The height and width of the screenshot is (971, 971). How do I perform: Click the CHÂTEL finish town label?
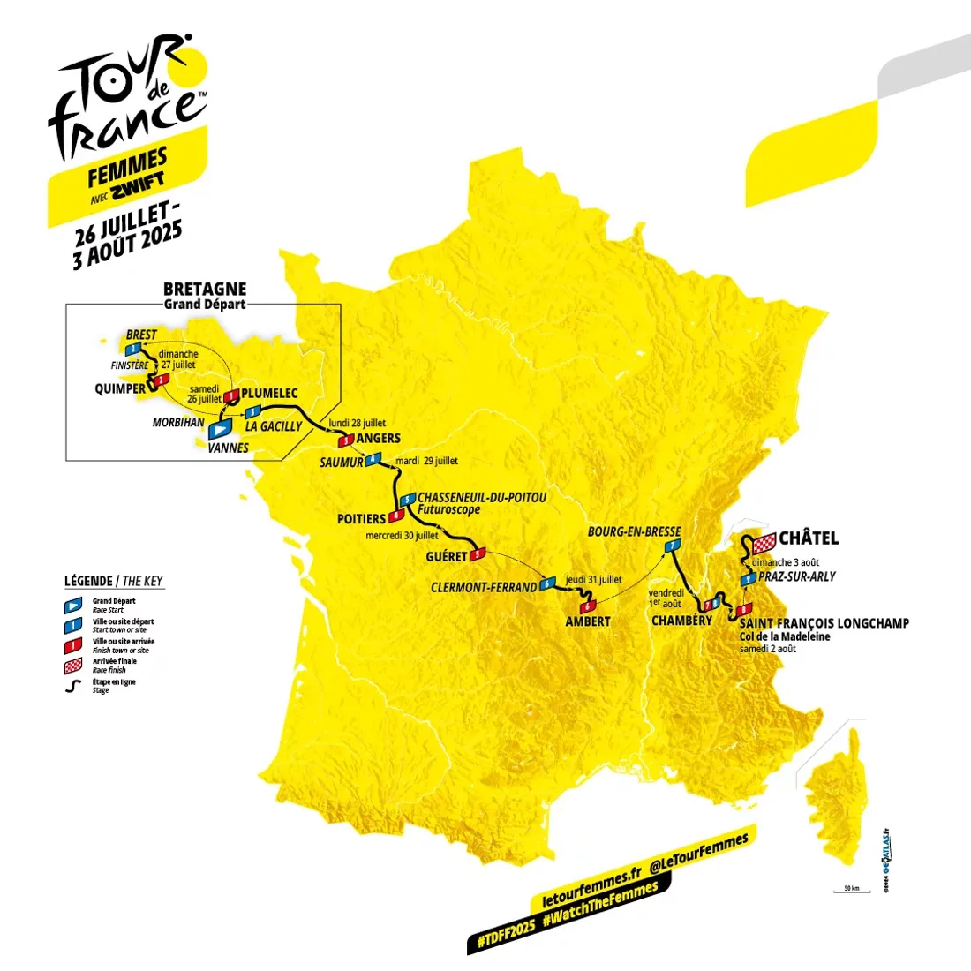pyautogui.click(x=809, y=538)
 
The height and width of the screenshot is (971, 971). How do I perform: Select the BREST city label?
pyautogui.click(x=141, y=335)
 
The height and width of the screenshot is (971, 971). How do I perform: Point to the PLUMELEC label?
pyautogui.click(x=269, y=394)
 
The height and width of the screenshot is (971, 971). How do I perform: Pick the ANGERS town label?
pyautogui.click(x=379, y=438)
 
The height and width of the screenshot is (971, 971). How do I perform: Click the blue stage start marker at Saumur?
pyautogui.click(x=374, y=459)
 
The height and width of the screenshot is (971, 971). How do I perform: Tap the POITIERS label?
pyautogui.click(x=362, y=519)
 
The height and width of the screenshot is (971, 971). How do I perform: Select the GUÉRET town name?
pyautogui.click(x=446, y=557)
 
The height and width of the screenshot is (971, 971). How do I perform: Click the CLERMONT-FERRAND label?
pyautogui.click(x=484, y=587)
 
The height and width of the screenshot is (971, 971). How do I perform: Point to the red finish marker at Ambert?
pyautogui.click(x=587, y=606)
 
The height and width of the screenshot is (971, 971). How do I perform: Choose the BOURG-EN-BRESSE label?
pyautogui.click(x=634, y=531)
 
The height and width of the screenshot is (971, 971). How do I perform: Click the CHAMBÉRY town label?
pyautogui.click(x=681, y=621)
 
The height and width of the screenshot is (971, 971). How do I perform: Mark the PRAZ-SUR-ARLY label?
pyautogui.click(x=796, y=576)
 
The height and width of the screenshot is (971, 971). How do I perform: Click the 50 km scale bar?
pyautogui.click(x=851, y=891)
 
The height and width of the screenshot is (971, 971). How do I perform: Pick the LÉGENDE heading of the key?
pyautogui.click(x=88, y=581)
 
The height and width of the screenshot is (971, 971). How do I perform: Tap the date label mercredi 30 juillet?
pyautogui.click(x=402, y=536)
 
